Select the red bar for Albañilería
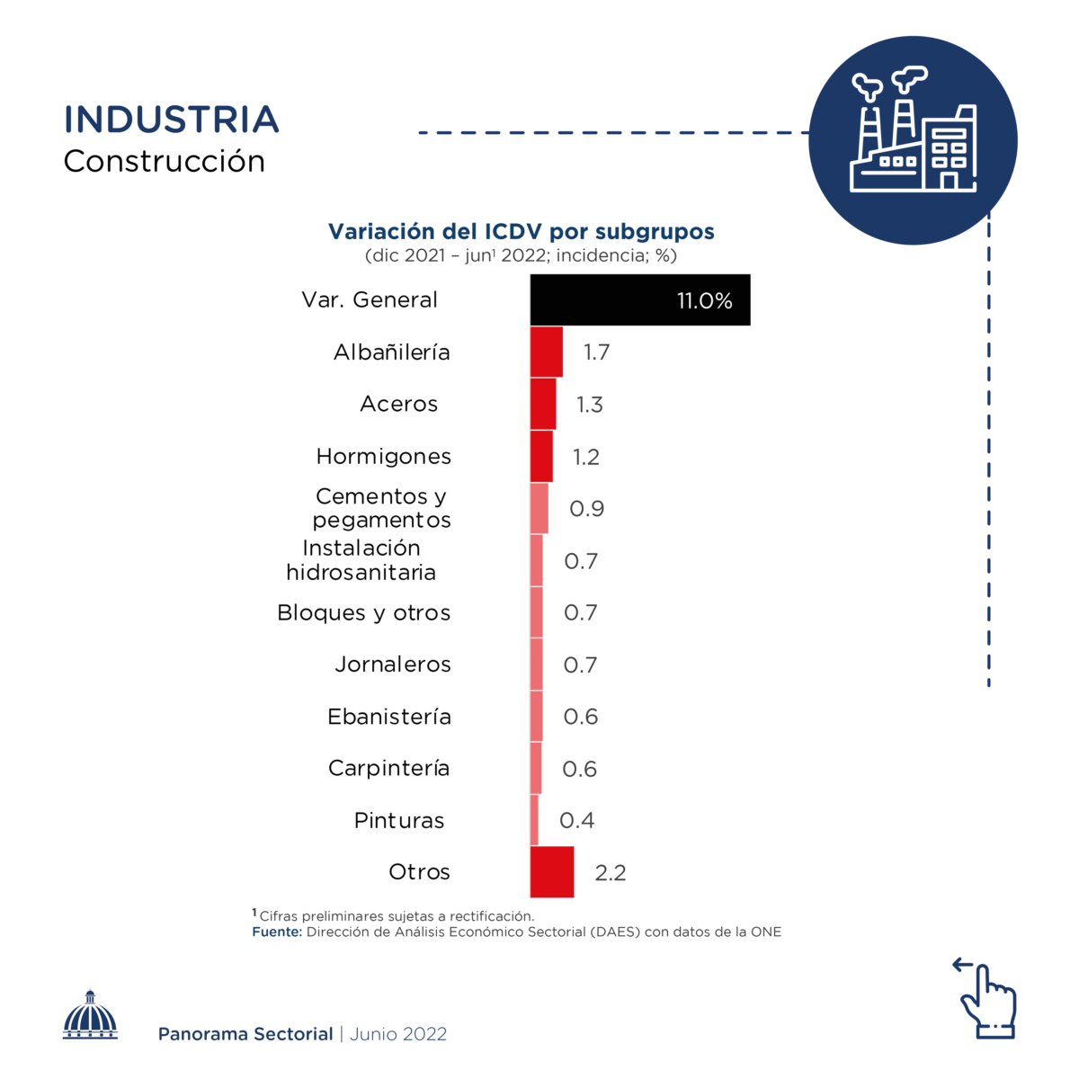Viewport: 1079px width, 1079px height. (546, 352)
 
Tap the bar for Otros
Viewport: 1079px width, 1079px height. (551, 871)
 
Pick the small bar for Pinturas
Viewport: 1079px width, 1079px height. (534, 820)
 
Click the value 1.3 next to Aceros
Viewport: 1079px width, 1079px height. (590, 405)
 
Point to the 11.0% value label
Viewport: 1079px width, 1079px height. (705, 300)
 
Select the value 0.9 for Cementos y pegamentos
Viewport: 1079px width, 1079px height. (587, 509)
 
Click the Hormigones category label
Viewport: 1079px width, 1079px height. (384, 457)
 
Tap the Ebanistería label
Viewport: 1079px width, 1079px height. (389, 717)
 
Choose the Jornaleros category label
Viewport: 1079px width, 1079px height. (393, 664)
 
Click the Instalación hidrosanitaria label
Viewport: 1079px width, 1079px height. (361, 560)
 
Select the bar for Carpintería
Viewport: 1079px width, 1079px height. (536, 768)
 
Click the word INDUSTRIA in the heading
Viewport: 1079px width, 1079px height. (172, 120)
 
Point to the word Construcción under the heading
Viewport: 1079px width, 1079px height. (165, 162)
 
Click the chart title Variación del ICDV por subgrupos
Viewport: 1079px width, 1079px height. (522, 231)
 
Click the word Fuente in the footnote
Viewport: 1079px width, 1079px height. (277, 932)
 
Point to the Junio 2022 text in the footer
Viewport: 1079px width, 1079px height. (398, 1034)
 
